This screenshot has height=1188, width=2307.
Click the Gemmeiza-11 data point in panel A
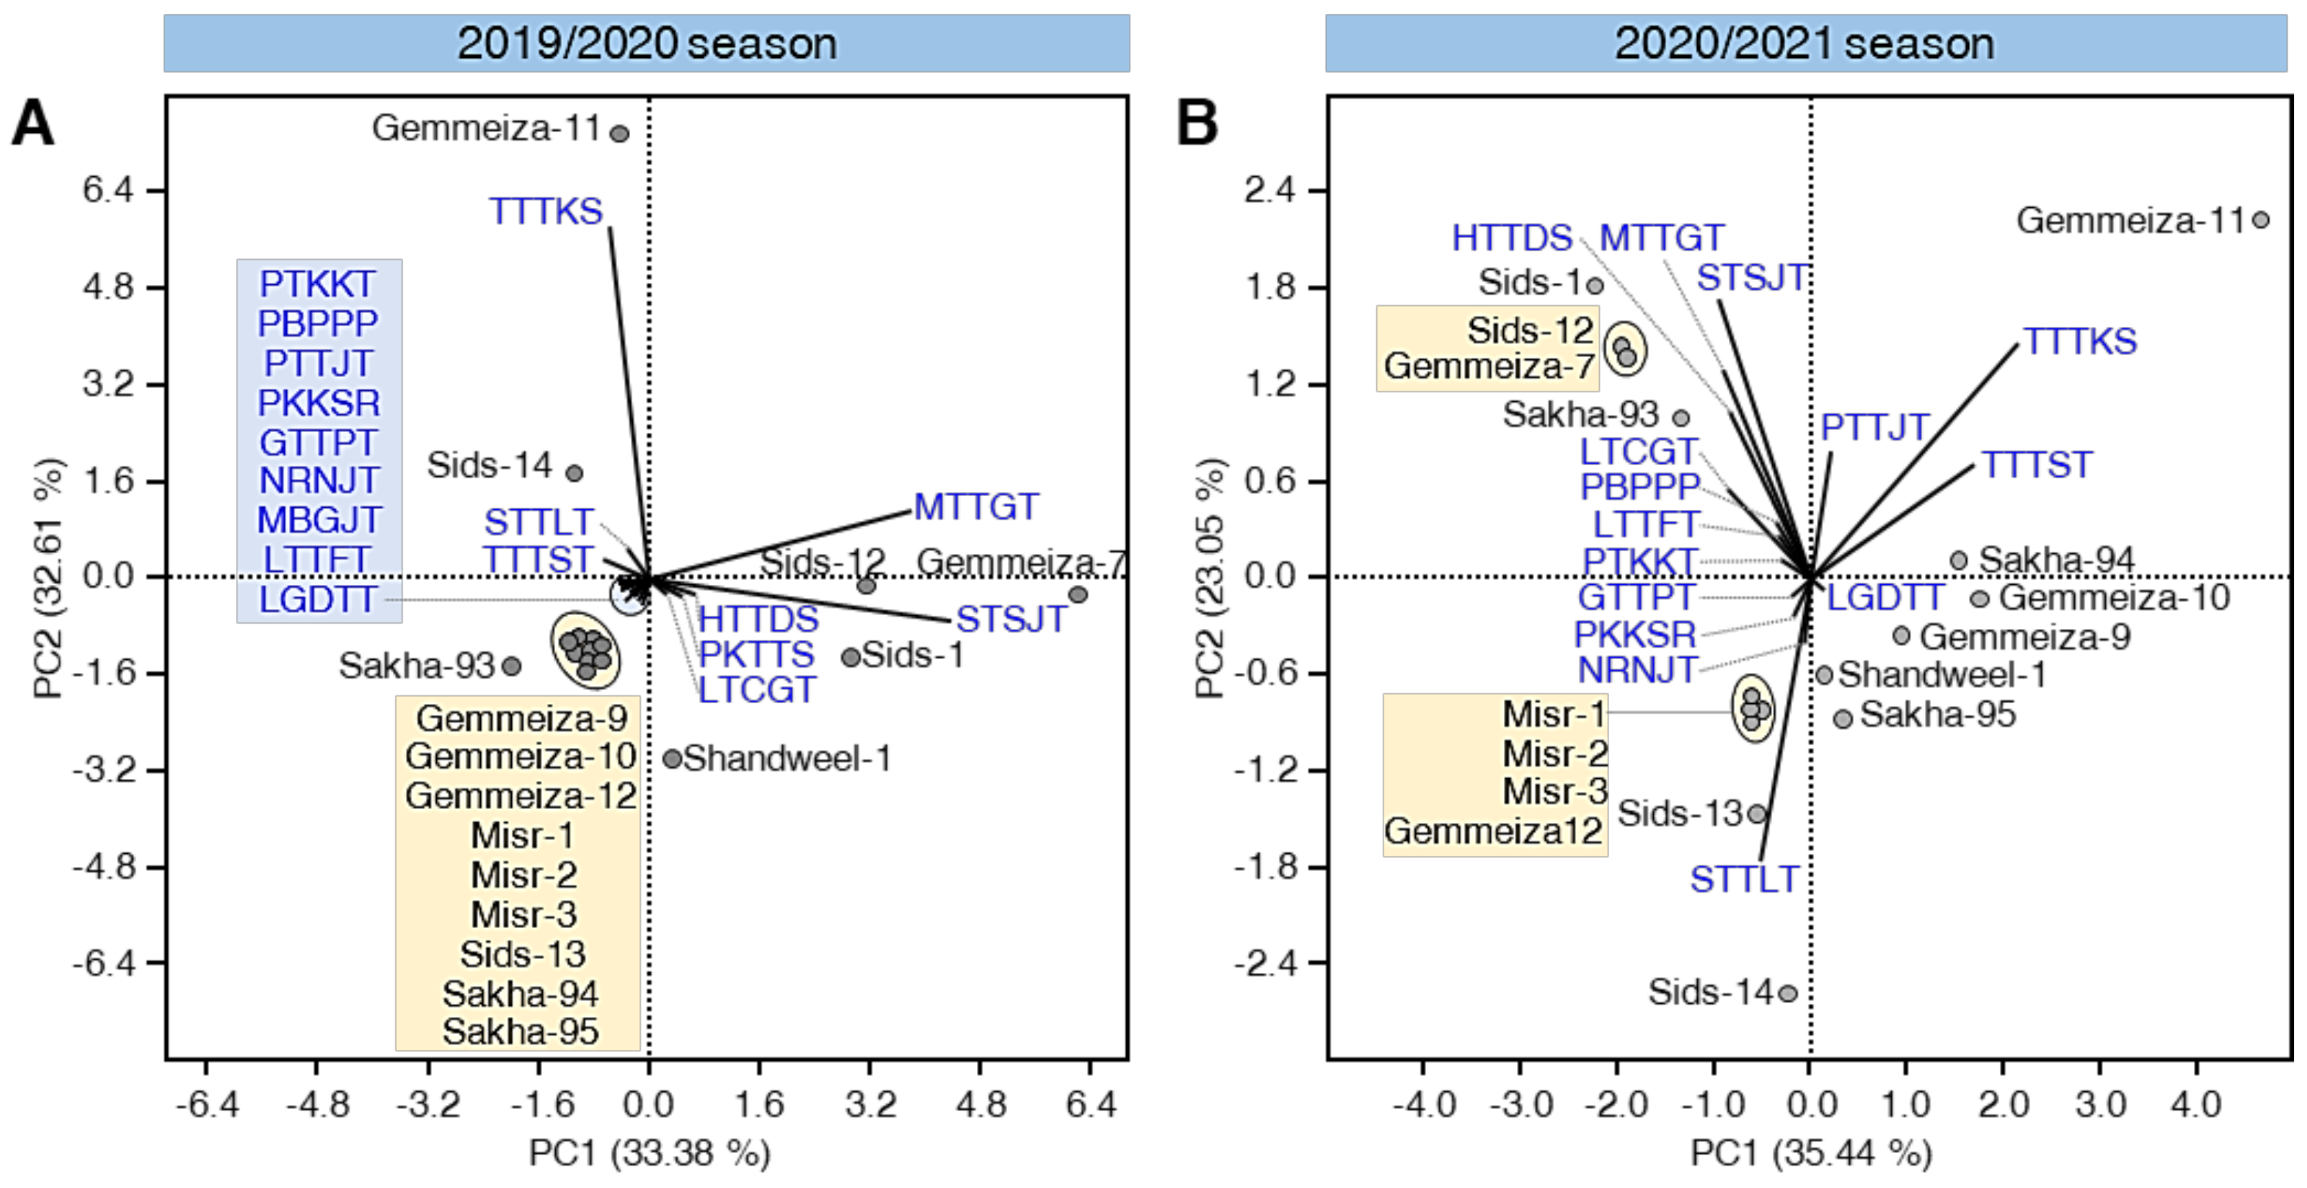pyautogui.click(x=619, y=134)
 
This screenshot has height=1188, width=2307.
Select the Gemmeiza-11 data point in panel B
pyautogui.click(x=2260, y=219)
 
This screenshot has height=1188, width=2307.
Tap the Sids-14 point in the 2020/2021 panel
pyautogui.click(x=1787, y=993)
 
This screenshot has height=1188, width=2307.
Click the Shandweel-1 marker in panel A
pyautogui.click(x=672, y=758)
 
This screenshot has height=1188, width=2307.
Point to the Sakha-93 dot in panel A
pyautogui.click(x=511, y=666)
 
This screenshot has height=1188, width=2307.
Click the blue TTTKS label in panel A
pyautogui.click(x=546, y=211)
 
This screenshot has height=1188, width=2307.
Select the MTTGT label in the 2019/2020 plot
pyautogui.click(x=976, y=507)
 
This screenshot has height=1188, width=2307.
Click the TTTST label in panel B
pyautogui.click(x=2037, y=464)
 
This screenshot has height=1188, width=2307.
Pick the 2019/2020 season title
pyautogui.click(x=647, y=43)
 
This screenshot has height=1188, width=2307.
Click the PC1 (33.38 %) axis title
pyautogui.click(x=649, y=1153)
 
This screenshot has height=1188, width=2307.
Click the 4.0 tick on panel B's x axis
pyautogui.click(x=2196, y=1104)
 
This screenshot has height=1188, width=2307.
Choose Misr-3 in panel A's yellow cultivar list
pyautogui.click(x=524, y=914)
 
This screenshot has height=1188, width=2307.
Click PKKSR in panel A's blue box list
pyautogui.click(x=319, y=403)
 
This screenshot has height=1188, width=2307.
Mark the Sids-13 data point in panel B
pyautogui.click(x=1757, y=814)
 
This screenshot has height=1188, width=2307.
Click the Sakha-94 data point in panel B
pyautogui.click(x=1958, y=560)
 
